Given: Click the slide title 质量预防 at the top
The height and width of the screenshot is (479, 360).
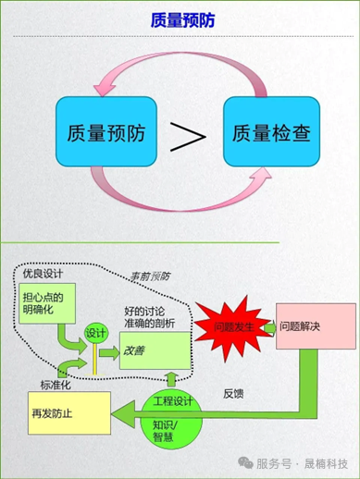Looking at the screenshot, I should point(180,20).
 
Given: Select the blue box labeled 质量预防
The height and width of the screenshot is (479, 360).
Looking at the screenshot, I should point(98,132).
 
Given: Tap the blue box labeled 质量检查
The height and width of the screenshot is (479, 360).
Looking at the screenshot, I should point(271,132).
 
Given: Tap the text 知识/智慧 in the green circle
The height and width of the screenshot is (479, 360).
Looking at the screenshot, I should point(164,430).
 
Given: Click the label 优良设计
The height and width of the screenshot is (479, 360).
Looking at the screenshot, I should point(43,274).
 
